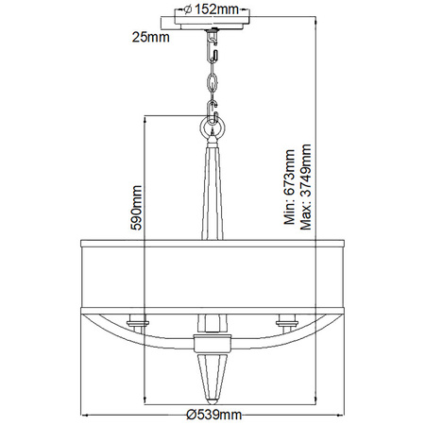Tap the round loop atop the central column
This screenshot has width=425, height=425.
[212, 125]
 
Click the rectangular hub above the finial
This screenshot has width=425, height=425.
[212, 343]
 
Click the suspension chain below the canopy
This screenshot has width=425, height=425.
[212, 76]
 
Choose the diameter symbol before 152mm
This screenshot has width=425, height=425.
[189, 9]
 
